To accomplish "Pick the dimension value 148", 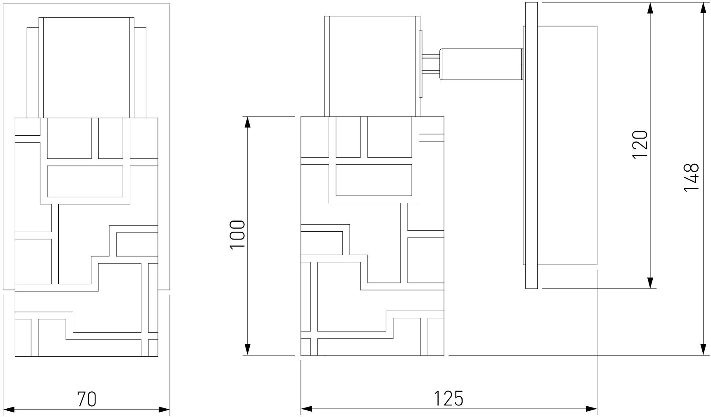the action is [x=691, y=177].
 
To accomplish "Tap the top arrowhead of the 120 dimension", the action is [x=651, y=9].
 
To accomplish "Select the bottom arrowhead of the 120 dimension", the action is [x=651, y=282].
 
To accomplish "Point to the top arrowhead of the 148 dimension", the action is [x=703, y=9].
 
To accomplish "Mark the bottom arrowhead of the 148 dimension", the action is [x=703, y=349].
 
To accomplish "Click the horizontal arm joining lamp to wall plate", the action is [x=480, y=64].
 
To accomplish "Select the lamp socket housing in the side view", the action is [x=372, y=66].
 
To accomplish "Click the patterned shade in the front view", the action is [x=86, y=237].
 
